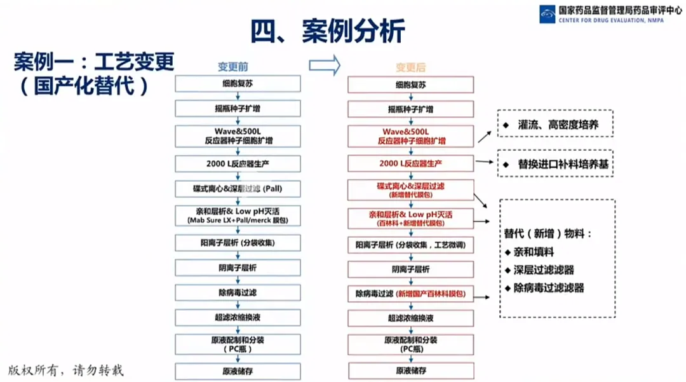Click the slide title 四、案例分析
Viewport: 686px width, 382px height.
(327, 31)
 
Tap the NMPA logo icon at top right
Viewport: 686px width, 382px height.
(548, 14)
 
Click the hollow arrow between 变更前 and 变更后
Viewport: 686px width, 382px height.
(325, 65)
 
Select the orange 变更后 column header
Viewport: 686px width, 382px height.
(410, 67)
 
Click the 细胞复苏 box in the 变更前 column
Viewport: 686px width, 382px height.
(237, 85)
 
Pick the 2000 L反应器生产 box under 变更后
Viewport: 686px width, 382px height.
(411, 163)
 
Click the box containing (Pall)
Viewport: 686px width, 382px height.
(237, 189)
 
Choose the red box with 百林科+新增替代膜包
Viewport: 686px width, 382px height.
(411, 217)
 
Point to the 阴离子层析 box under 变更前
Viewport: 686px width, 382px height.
(237, 269)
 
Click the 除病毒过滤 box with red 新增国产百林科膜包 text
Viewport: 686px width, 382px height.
(411, 294)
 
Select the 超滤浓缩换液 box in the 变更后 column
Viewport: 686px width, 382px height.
(411, 318)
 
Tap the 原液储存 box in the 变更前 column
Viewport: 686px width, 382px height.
(237, 370)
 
